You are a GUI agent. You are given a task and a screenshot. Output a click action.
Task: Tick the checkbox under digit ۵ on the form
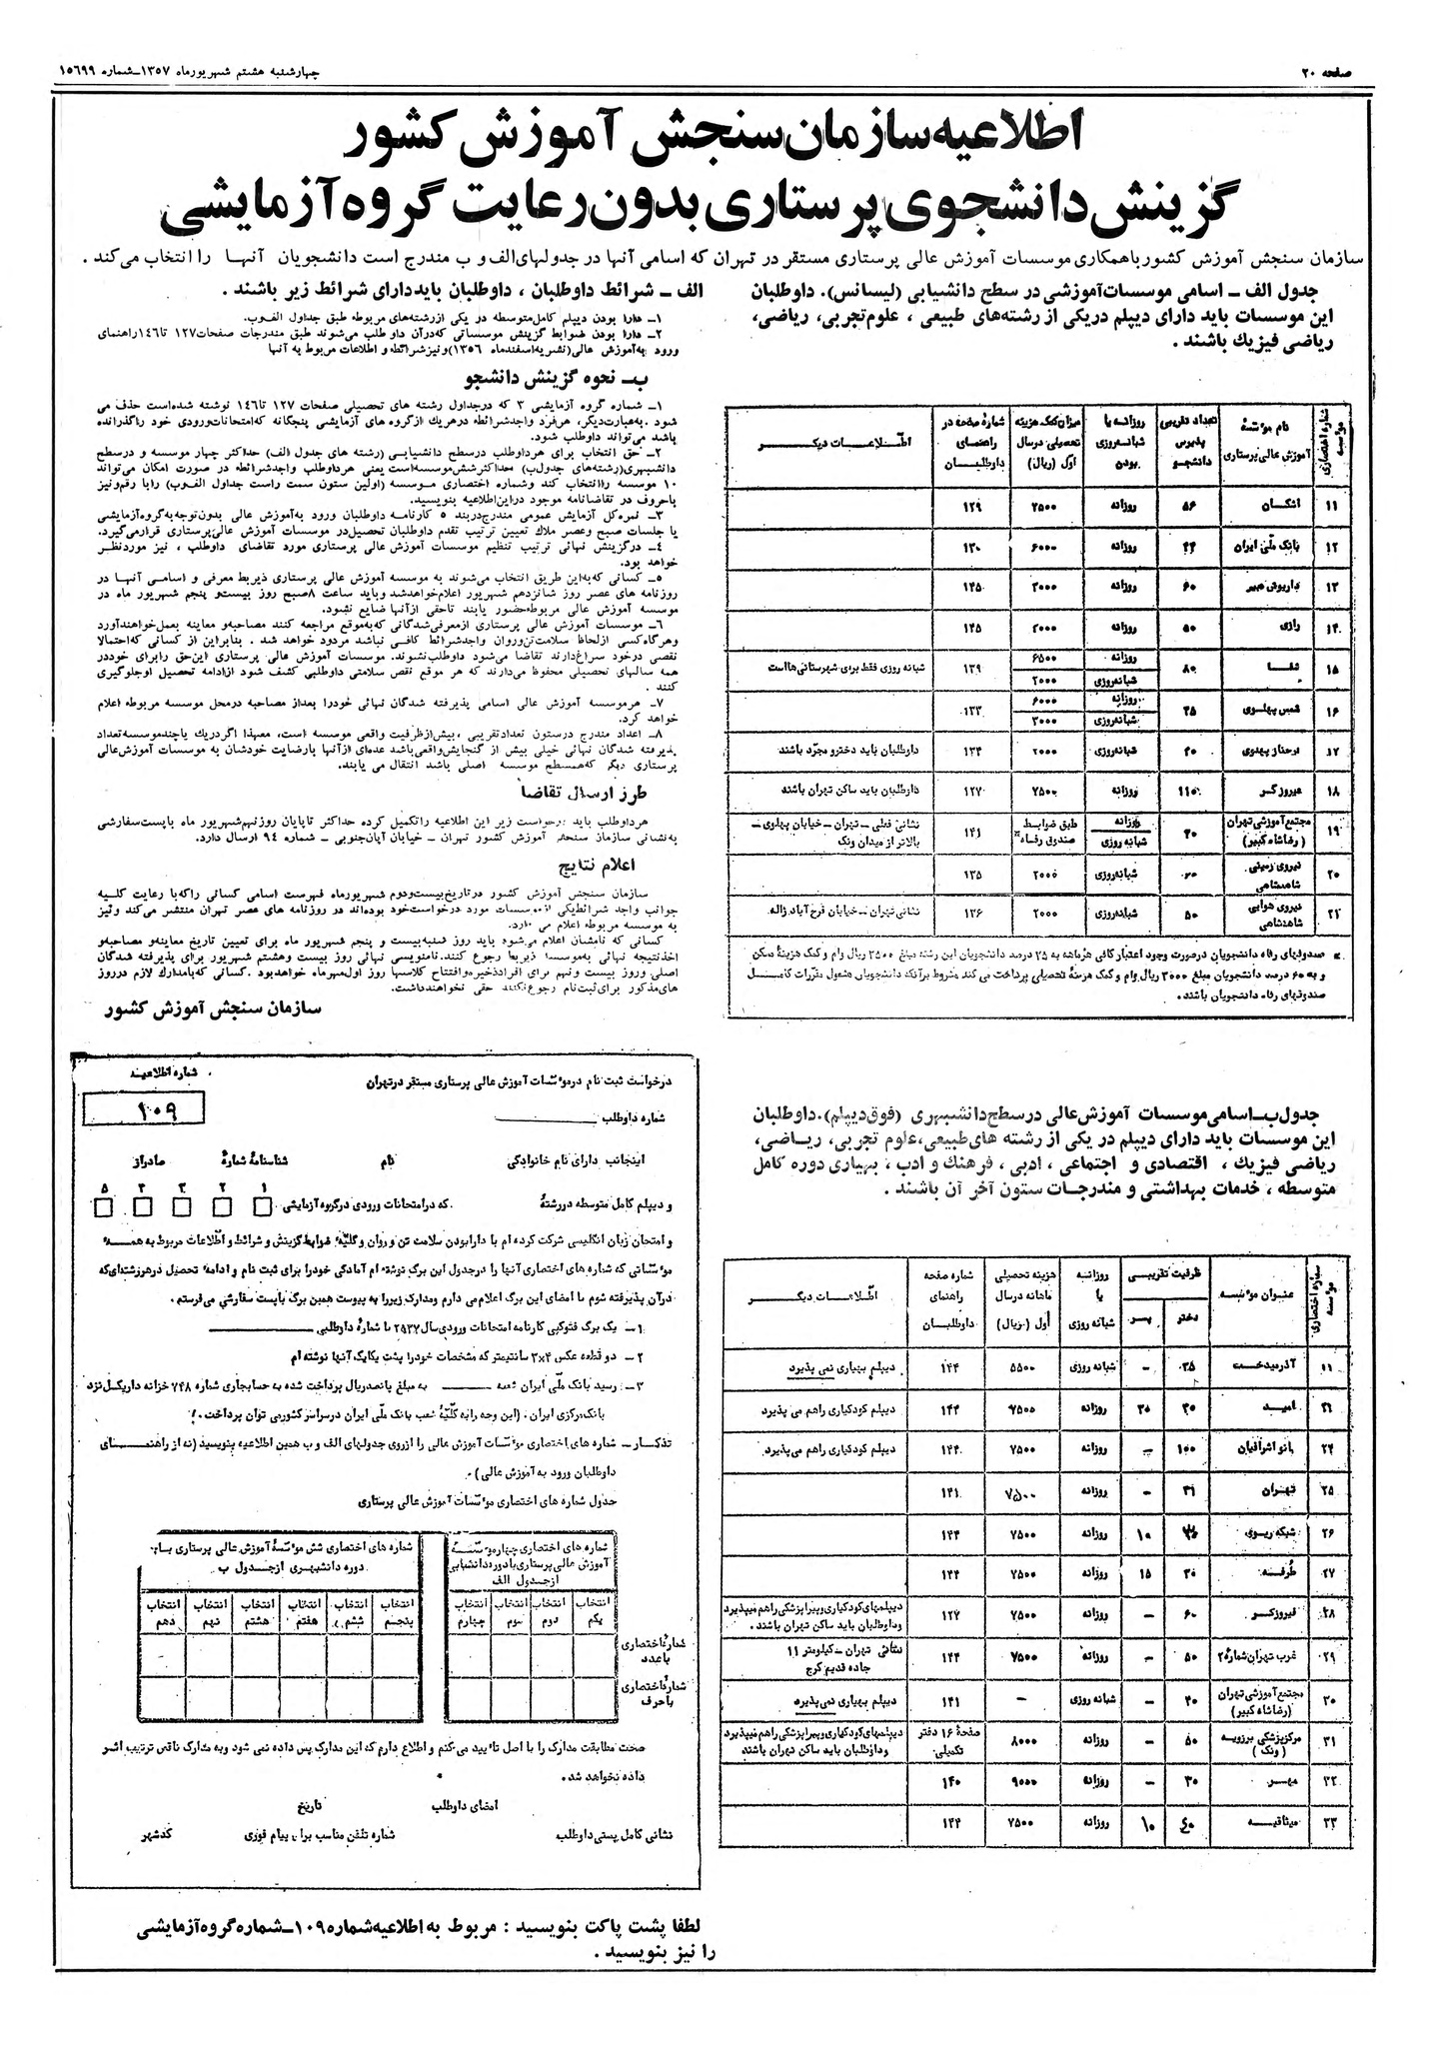pos(104,1207)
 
